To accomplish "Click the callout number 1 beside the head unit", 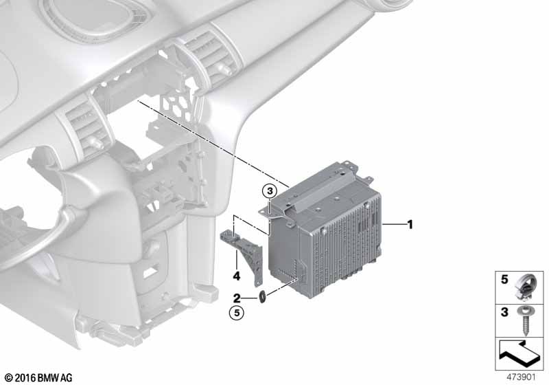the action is pyautogui.click(x=410, y=224).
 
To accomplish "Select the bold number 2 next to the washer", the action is pyautogui.click(x=237, y=298).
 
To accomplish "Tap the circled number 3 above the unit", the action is pyautogui.click(x=270, y=191).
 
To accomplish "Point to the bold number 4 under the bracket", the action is pyautogui.click(x=237, y=276).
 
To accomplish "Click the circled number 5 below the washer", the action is pyautogui.click(x=237, y=312).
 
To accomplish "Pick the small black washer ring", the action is pyautogui.click(x=261, y=297).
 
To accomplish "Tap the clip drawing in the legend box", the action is pyautogui.click(x=524, y=287).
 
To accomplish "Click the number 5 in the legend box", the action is pyautogui.click(x=504, y=279).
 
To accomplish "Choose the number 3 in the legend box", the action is pyautogui.click(x=504, y=311).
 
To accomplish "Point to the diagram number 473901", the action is pyautogui.click(x=521, y=377).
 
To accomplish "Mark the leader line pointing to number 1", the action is pyautogui.click(x=393, y=224).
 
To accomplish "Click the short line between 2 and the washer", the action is pyautogui.click(x=250, y=298).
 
